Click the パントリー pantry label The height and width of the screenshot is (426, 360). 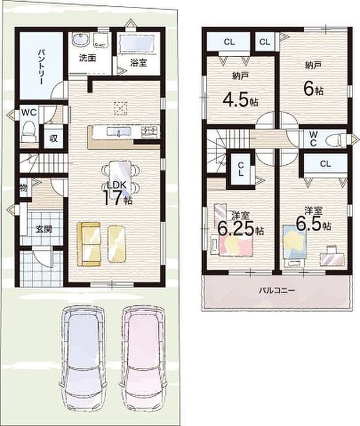(41, 67)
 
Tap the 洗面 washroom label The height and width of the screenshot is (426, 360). (87, 58)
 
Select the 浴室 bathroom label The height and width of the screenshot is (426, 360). (139, 63)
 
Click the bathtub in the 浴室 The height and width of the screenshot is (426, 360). (138, 43)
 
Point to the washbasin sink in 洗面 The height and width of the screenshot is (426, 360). (80, 40)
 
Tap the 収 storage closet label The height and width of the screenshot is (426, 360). (53, 138)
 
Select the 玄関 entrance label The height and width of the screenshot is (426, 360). (44, 230)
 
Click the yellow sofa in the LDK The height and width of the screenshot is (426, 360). (89, 244)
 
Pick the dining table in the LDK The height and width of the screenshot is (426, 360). (120, 178)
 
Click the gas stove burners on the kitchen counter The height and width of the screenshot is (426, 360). (150, 131)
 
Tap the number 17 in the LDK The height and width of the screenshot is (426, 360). (112, 198)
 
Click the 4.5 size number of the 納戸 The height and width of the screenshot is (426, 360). (236, 100)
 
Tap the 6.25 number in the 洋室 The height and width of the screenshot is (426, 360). (236, 229)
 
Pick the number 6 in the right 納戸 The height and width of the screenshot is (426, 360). (309, 89)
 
